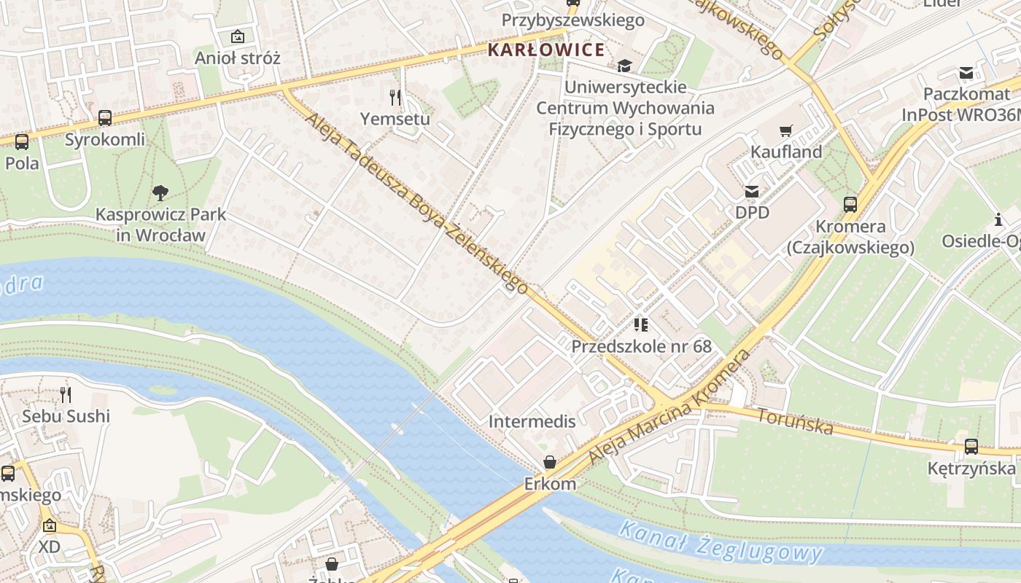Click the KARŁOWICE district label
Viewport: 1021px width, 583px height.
546,50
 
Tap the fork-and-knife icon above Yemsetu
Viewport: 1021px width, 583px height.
395,97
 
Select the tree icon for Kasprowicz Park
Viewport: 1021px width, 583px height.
160,193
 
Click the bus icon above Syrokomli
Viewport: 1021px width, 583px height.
105,117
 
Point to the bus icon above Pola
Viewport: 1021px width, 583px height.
22,141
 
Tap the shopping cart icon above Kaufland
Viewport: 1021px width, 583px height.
785,131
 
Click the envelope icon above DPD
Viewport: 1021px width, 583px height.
752,192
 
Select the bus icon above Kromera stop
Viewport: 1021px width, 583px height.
850,205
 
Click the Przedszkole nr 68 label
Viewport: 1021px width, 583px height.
641,345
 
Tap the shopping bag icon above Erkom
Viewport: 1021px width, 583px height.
550,463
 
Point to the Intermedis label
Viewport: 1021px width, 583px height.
532,421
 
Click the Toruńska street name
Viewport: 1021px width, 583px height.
795,420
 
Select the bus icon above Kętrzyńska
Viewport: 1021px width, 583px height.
971,447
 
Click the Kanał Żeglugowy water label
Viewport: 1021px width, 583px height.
720,544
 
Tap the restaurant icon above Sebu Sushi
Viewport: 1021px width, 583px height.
66,395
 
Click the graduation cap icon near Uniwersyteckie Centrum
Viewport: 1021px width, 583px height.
624,66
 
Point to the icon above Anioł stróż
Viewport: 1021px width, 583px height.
237,36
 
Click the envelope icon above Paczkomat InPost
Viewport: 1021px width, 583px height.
966,73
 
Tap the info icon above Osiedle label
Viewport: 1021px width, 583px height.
998,219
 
